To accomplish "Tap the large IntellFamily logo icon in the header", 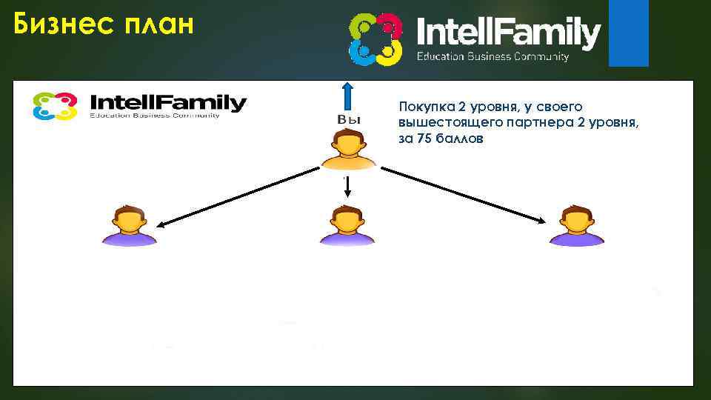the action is (x=375, y=39).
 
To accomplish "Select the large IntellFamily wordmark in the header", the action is (x=508, y=33).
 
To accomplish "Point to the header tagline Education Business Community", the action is (x=493, y=57).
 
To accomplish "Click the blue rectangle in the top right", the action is (x=628, y=33).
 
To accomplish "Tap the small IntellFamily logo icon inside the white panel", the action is (x=55, y=106).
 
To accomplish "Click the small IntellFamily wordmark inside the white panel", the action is (x=167, y=102).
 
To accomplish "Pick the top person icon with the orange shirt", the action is (x=348, y=150).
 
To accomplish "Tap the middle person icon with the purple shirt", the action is (x=347, y=225).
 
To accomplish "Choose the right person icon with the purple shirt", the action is (x=577, y=225).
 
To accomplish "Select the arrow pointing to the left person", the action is (x=237, y=196).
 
